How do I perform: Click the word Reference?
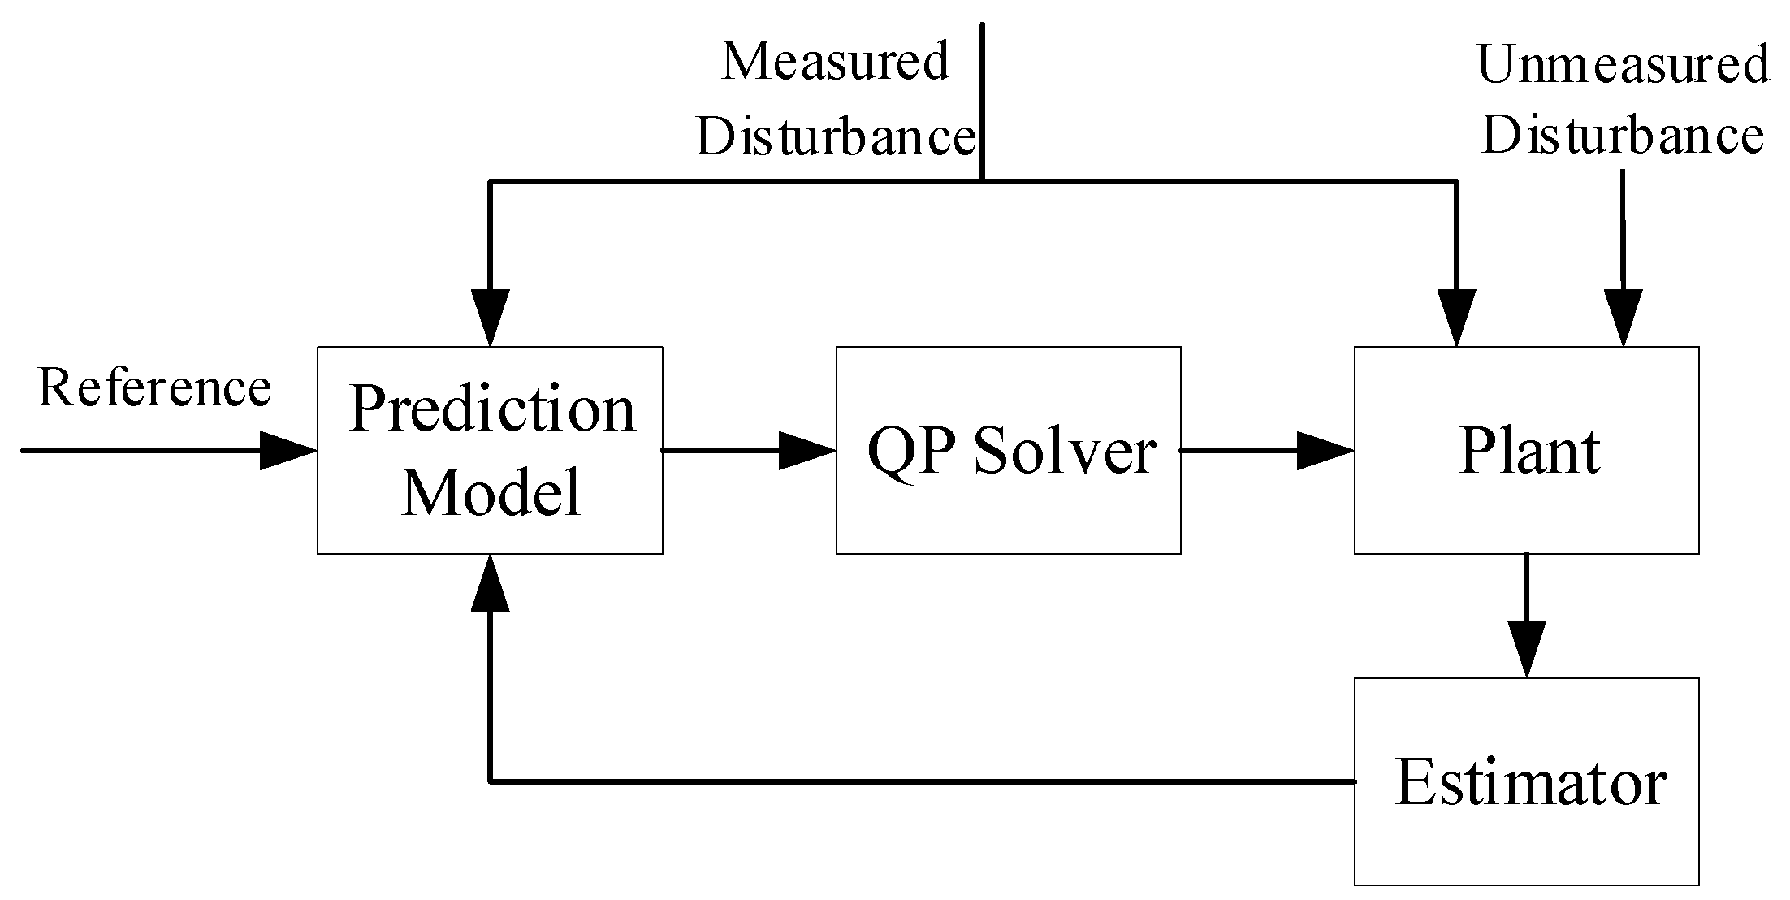154,387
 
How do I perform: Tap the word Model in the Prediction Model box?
491,491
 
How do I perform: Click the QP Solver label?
1011,451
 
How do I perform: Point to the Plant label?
1529,451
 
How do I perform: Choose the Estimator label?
1531,782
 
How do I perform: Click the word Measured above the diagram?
835,62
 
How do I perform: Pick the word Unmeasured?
1622,65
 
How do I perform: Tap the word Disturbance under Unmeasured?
1622,135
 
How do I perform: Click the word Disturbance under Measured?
835,136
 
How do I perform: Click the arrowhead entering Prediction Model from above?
490,318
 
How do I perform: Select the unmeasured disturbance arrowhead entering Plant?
1623,318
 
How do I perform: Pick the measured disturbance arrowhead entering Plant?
1456,318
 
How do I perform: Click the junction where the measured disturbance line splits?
982,181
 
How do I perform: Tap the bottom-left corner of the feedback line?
490,781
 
